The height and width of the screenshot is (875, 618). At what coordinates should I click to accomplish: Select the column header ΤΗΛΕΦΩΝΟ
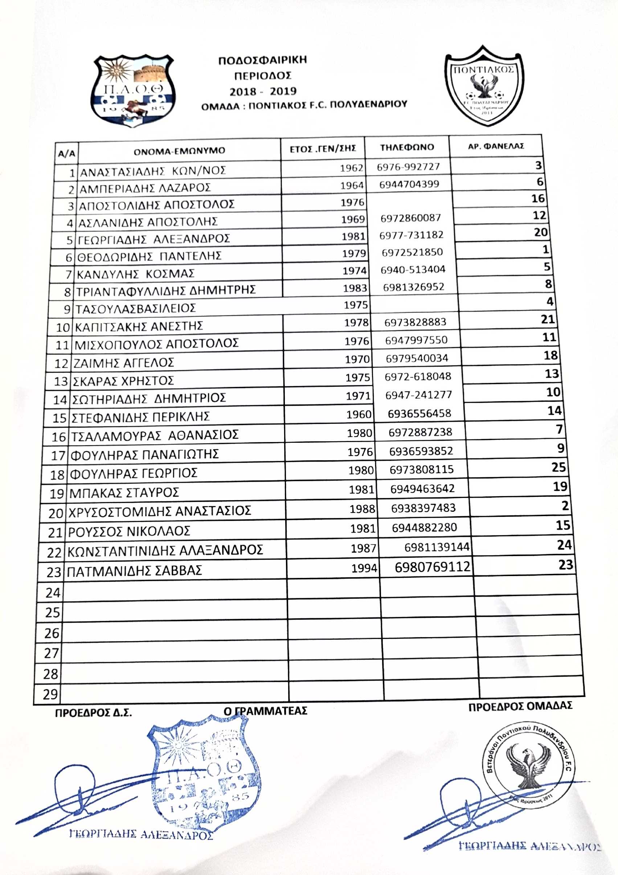pyautogui.click(x=407, y=147)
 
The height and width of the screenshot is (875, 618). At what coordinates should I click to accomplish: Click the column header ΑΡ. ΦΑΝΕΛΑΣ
pyautogui.click(x=496, y=146)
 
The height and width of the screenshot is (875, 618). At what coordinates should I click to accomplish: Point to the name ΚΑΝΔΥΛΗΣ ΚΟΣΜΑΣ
pyautogui.click(x=136, y=274)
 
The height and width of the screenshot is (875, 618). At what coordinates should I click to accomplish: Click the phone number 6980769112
pyautogui.click(x=433, y=567)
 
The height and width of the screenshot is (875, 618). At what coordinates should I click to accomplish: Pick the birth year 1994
pyautogui.click(x=364, y=568)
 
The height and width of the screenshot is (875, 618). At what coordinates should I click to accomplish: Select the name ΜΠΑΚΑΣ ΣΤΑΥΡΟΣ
pyautogui.click(x=124, y=493)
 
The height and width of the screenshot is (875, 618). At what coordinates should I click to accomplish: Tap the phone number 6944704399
pyautogui.click(x=409, y=185)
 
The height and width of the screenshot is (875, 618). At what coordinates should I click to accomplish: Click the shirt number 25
pyautogui.click(x=558, y=467)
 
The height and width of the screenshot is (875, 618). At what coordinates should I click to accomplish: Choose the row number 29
pyautogui.click(x=50, y=694)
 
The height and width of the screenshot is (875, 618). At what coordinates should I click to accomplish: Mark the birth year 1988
pyautogui.click(x=362, y=509)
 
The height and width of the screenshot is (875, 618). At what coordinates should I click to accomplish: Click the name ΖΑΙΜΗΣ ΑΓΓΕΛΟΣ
pyautogui.click(x=123, y=362)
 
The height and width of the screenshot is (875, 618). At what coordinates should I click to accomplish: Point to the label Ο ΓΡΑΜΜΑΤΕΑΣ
pyautogui.click(x=265, y=711)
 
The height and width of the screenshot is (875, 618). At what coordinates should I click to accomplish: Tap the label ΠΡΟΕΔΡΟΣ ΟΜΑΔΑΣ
pyautogui.click(x=520, y=706)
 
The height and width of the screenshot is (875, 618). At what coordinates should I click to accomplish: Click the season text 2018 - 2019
pyautogui.click(x=263, y=91)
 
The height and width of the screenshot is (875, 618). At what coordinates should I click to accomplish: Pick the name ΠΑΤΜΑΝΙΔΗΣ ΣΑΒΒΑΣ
pyautogui.click(x=134, y=571)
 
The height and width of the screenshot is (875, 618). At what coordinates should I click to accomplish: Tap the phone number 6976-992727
pyautogui.click(x=408, y=167)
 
